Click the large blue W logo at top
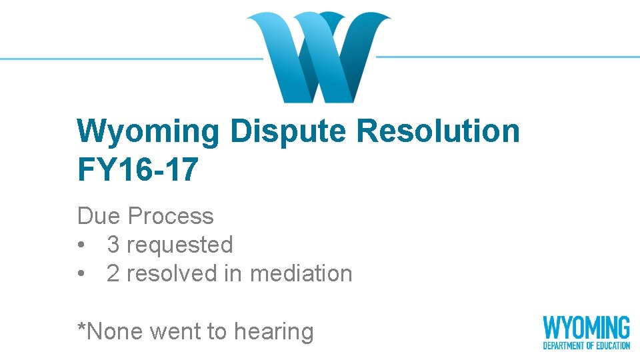[x=319, y=57]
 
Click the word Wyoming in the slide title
[x=148, y=131]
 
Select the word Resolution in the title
[x=437, y=131]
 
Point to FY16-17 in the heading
[x=138, y=169]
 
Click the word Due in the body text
[x=99, y=216]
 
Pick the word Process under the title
[x=171, y=216]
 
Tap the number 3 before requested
[x=113, y=245]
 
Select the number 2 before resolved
[x=113, y=273]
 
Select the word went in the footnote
[x=169, y=331]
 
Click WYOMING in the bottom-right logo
[x=586, y=328]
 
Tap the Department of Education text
[x=586, y=345]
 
